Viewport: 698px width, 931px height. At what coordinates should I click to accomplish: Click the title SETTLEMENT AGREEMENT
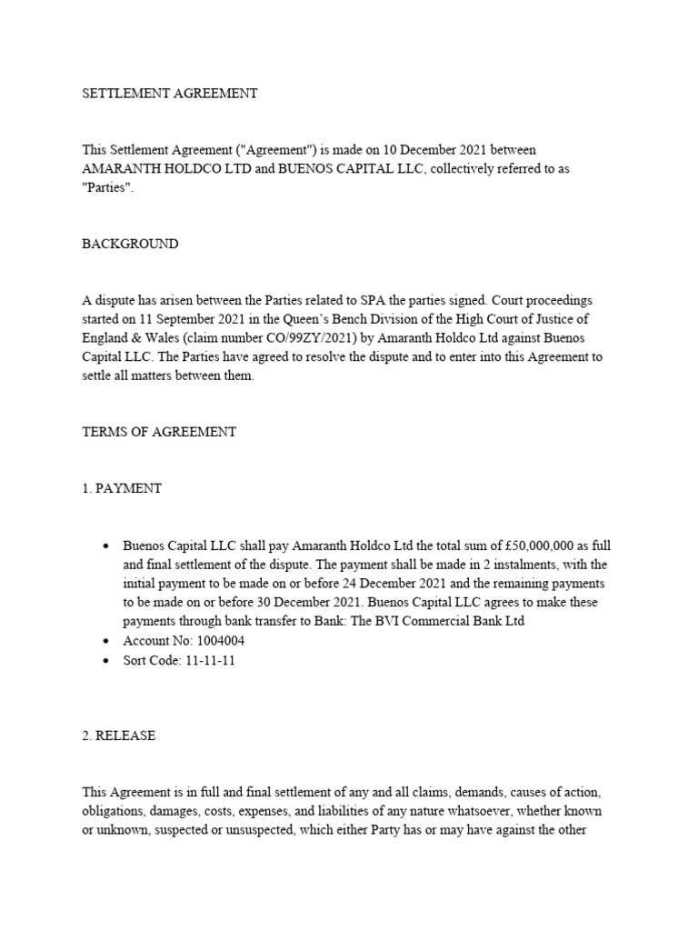point(170,93)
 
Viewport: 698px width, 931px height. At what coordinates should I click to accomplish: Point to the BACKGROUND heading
point(130,244)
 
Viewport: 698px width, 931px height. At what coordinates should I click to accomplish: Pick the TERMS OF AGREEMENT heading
point(159,432)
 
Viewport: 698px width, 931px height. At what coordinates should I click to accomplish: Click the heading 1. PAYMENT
point(122,488)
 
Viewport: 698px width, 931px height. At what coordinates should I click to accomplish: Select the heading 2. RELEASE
point(118,736)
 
